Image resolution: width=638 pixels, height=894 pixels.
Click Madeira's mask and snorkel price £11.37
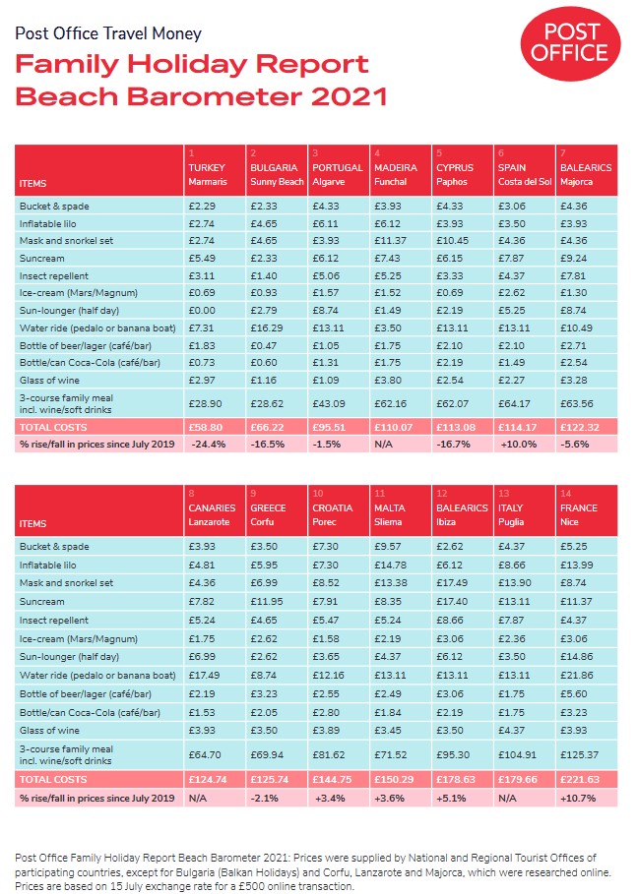pos(391,240)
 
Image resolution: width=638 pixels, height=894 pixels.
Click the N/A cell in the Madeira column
pos(384,444)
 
